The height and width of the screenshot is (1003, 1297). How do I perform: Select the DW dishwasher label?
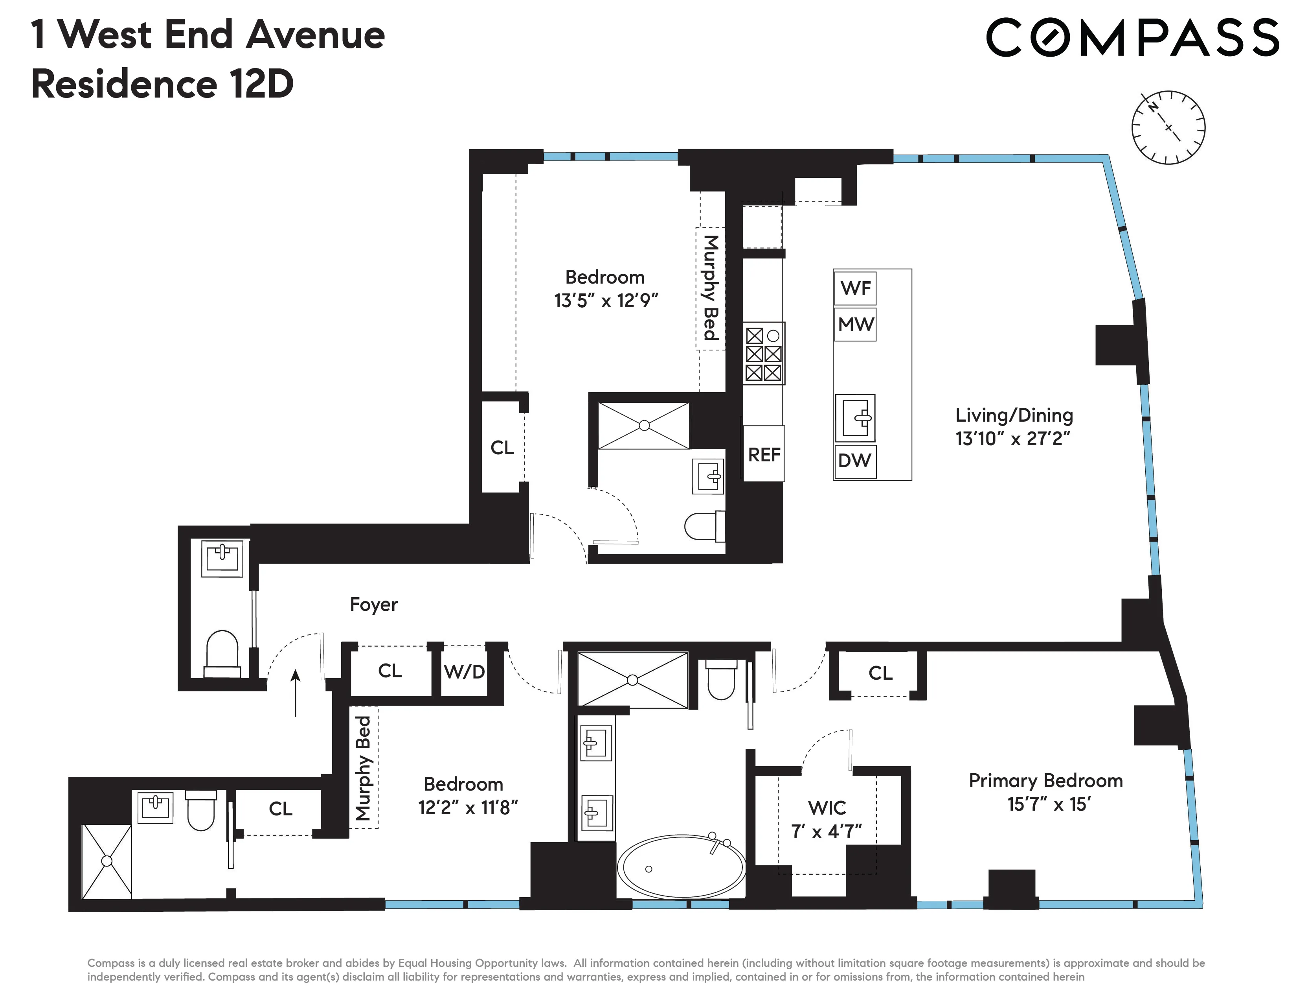(x=854, y=461)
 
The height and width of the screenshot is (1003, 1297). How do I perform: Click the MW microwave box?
(x=855, y=324)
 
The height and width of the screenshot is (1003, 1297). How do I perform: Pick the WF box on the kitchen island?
(x=855, y=288)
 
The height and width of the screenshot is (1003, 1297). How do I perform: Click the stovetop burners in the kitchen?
(x=764, y=354)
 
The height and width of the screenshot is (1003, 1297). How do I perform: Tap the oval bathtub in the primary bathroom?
(x=681, y=867)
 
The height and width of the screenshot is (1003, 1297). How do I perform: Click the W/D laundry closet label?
(x=465, y=671)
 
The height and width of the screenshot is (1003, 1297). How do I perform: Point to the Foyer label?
(x=373, y=604)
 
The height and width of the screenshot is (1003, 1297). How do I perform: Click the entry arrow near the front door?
(x=295, y=693)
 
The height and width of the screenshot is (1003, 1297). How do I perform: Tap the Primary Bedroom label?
(x=1045, y=780)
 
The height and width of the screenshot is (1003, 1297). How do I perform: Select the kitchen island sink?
(x=855, y=418)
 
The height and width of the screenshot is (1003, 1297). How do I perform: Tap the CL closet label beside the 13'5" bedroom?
(x=502, y=448)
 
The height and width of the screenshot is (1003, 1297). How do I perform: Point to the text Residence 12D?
(x=162, y=85)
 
